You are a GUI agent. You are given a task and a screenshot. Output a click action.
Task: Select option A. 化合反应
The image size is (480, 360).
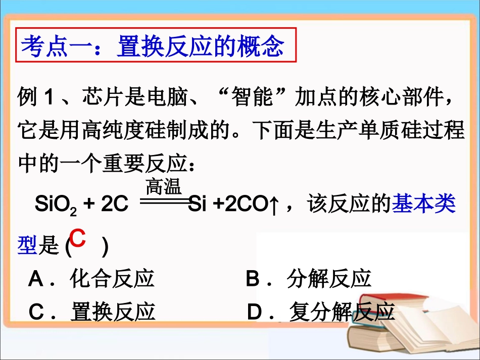click(91, 279)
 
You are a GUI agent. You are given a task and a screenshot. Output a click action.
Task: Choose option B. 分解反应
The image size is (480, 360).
click(309, 279)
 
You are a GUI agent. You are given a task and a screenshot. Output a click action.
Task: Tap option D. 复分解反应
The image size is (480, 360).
click(321, 312)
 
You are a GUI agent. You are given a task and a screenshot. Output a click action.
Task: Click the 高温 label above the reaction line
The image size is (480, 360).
click(163, 188)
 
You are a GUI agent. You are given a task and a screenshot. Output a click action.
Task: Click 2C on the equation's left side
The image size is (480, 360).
click(114, 204)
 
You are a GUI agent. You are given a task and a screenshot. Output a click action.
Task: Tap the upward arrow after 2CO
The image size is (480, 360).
click(274, 205)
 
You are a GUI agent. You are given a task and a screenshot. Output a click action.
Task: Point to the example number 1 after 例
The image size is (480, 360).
click(49, 97)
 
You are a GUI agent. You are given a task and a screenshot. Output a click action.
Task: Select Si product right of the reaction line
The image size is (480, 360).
click(198, 204)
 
